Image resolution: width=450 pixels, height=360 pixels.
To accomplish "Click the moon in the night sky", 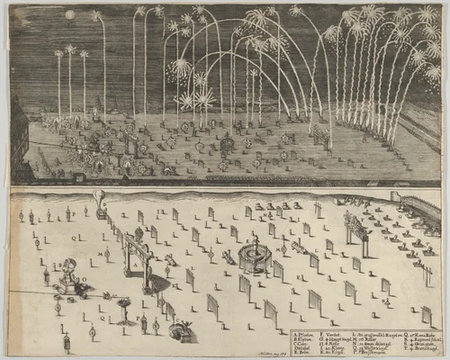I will pyautogui.click(x=70, y=14).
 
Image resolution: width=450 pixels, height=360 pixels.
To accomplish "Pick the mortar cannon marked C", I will pyautogui.click(x=181, y=330).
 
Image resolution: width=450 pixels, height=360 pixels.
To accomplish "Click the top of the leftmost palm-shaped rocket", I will pyautogui.click(x=58, y=51).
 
